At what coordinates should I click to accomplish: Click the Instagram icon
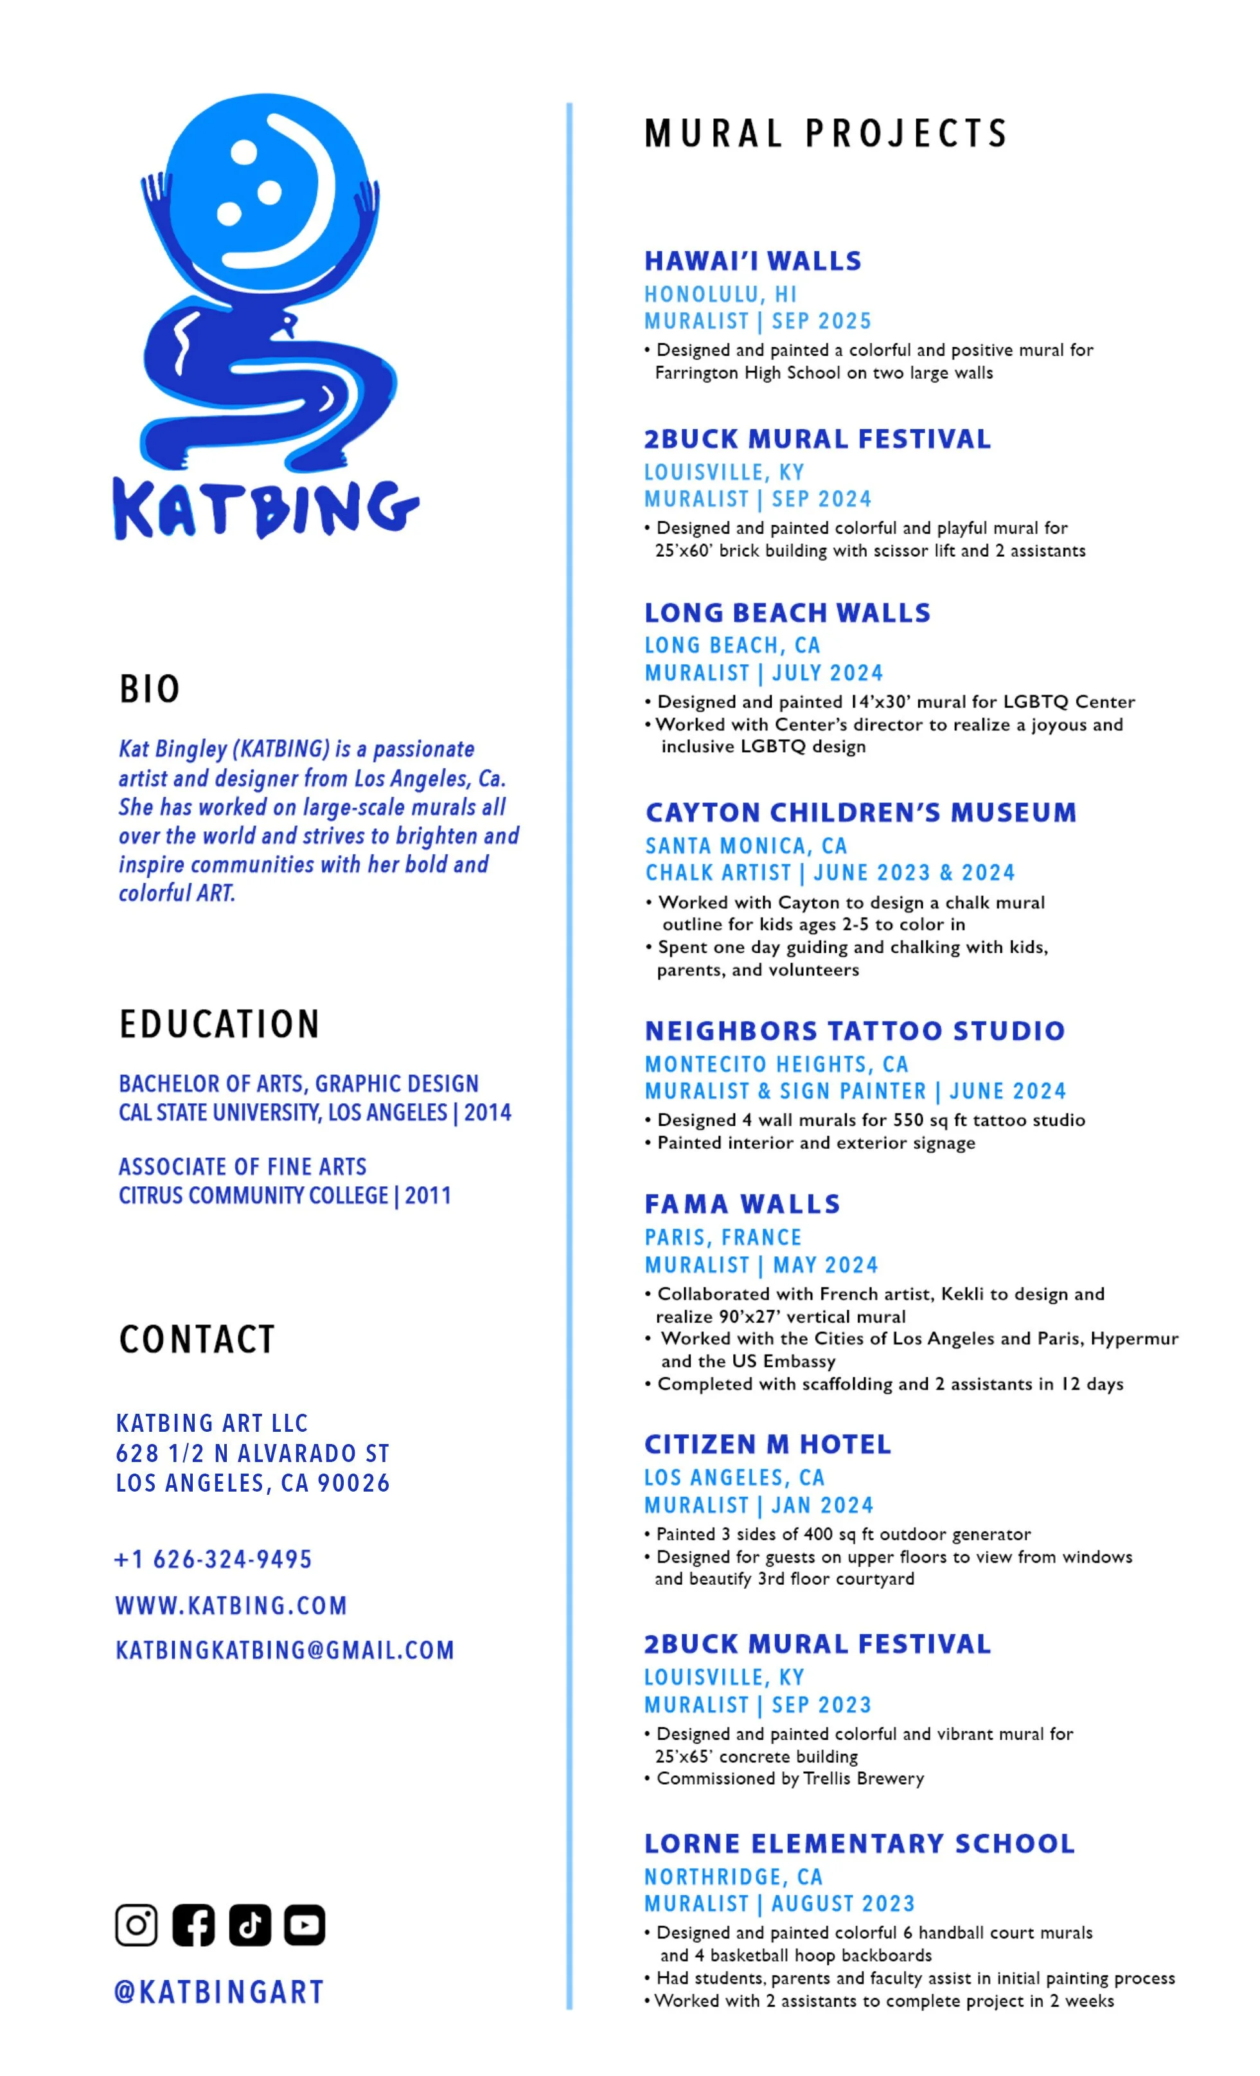click(136, 1924)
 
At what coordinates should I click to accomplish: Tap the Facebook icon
click(193, 1924)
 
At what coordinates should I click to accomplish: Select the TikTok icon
click(249, 1924)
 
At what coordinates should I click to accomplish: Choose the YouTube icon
click(304, 1924)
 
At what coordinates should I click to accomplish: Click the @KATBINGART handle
click(218, 1992)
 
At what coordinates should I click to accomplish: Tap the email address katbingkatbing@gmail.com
click(285, 1649)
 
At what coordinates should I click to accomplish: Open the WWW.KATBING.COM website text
click(231, 1604)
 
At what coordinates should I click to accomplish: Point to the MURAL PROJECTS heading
click(826, 133)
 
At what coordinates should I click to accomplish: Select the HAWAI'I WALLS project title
click(753, 261)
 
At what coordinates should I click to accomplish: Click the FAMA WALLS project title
click(742, 1204)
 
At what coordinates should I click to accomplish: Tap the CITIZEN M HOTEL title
click(767, 1444)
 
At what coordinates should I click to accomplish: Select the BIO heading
click(149, 689)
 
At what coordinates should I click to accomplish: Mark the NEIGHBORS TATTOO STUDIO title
click(855, 1031)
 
